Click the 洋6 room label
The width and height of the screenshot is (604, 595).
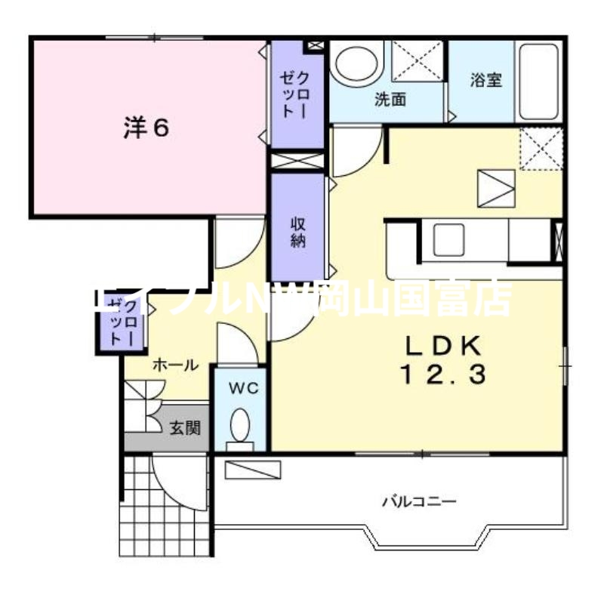146,128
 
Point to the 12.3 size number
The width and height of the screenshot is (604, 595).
442,373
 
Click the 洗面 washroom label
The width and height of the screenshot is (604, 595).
390,99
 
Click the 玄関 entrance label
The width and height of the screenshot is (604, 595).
184,429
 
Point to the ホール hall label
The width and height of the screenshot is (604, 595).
175,365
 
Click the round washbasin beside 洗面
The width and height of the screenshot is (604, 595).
355,65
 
